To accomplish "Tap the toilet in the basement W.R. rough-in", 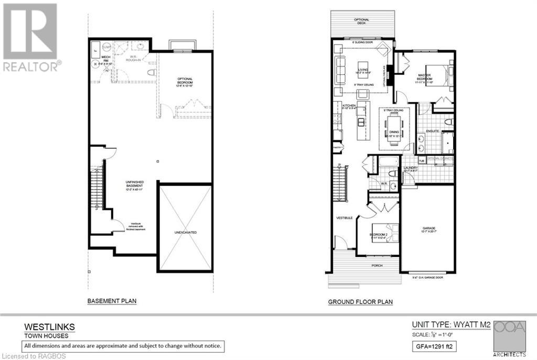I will click(x=151, y=73).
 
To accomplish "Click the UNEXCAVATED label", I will click(x=185, y=232).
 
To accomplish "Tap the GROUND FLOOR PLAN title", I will click(x=360, y=302).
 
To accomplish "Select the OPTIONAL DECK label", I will click(x=361, y=21).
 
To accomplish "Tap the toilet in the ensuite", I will click(x=447, y=122).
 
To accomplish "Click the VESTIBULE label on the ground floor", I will click(x=346, y=217).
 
